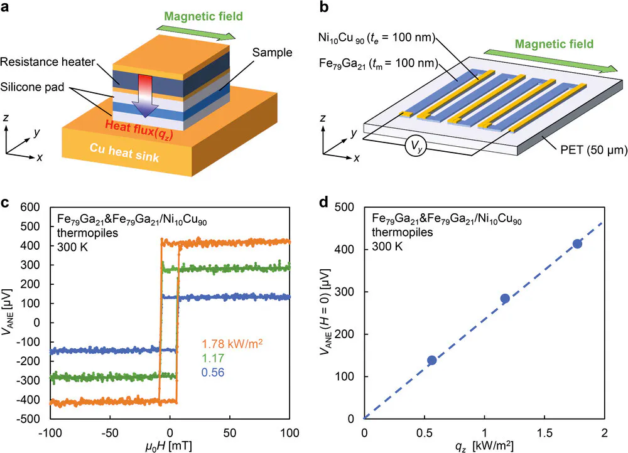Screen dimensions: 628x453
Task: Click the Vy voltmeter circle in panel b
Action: pyautogui.click(x=415, y=146)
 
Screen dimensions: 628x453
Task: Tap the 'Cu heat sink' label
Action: pyautogui.click(x=124, y=152)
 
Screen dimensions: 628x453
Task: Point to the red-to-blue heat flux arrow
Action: pyautogui.click(x=146, y=96)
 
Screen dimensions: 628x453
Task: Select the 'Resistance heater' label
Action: pyautogui.click(x=48, y=62)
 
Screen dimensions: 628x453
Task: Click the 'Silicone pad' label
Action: pyautogui.click(x=32, y=87)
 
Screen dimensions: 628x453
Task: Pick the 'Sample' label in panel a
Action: pyautogui.click(x=272, y=53)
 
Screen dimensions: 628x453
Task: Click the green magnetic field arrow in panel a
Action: pyautogui.click(x=196, y=33)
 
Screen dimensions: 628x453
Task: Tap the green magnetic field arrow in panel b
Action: pyautogui.click(x=553, y=61)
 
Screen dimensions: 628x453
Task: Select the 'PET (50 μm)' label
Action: pyautogui.click(x=593, y=150)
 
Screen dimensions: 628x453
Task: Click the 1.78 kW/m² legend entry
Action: pyautogui.click(x=232, y=344)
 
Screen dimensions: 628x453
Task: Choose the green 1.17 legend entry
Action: pyautogui.click(x=213, y=358)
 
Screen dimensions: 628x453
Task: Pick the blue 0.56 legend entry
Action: pyautogui.click(x=213, y=373)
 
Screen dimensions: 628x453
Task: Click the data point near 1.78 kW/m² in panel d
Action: pyautogui.click(x=577, y=243)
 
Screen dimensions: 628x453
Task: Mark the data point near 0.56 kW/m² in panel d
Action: pyautogui.click(x=432, y=360)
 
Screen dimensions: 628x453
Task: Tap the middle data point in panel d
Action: pyautogui.click(x=505, y=298)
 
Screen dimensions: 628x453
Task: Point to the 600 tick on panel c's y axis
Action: pyautogui.click(x=30, y=207)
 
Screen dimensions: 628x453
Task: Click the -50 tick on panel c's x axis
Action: pyautogui.click(x=110, y=432)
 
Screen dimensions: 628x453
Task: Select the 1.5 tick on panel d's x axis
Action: pyautogui.click(x=544, y=432)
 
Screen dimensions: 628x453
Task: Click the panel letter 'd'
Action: pyautogui.click(x=324, y=203)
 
